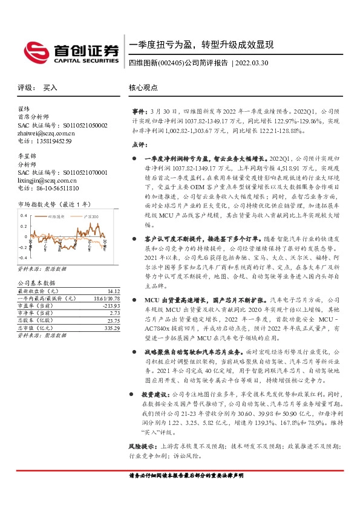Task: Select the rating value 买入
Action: point(50,88)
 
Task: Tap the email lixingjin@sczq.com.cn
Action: point(47,180)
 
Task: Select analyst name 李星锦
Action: point(27,157)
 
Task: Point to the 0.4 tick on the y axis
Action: point(24,215)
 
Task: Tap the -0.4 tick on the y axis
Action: point(24,256)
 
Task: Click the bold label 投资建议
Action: point(159,394)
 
